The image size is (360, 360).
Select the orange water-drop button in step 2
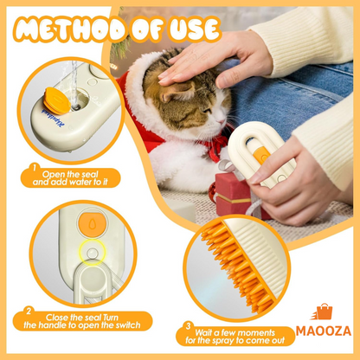tap(92, 224)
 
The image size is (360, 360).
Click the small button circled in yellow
tap(93, 254)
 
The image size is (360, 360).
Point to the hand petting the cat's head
tap(214, 62)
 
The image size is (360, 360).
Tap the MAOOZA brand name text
tap(324, 331)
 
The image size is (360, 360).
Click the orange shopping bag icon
tap(323, 312)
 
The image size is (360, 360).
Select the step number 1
tap(35, 167)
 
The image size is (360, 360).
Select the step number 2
tap(29, 312)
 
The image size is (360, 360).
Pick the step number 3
tap(188, 326)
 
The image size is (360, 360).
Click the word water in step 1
tap(79, 183)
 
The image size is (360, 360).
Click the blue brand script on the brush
tap(54, 118)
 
